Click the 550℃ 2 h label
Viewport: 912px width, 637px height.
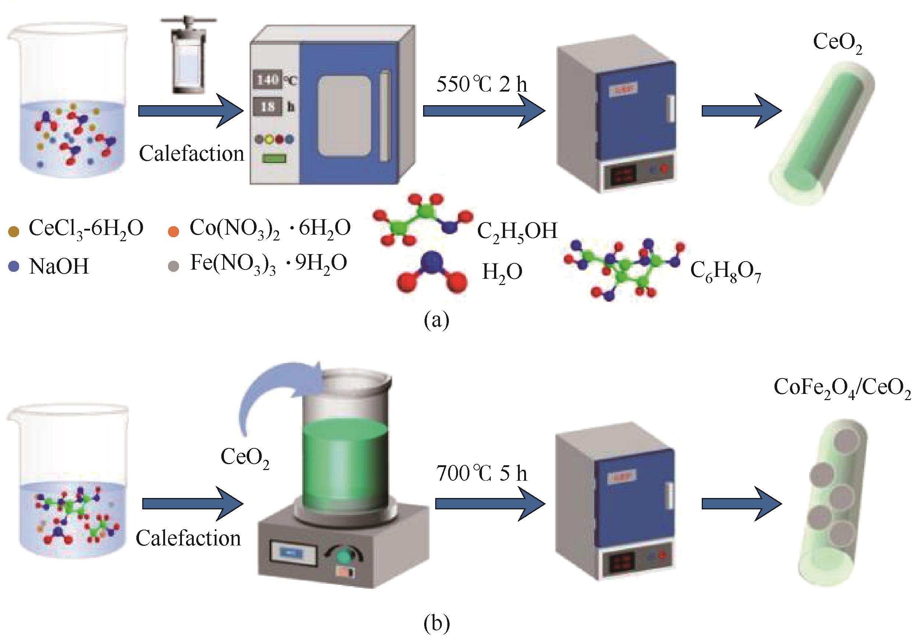(x=482, y=85)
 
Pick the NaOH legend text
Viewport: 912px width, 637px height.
(x=59, y=266)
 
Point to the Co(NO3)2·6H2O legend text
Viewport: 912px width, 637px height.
(x=270, y=229)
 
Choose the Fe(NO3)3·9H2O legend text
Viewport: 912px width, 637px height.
(x=268, y=263)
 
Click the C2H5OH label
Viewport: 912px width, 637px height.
(x=517, y=231)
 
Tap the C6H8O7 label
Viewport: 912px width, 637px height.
(x=725, y=272)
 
